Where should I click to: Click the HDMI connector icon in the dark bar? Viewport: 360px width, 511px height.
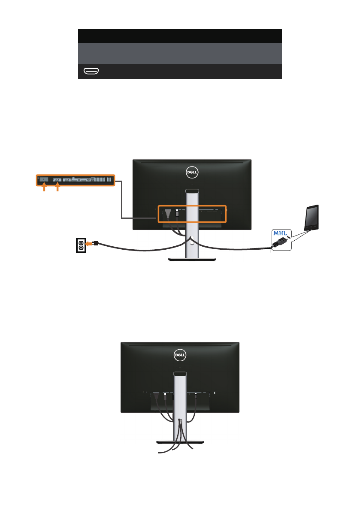[91, 71]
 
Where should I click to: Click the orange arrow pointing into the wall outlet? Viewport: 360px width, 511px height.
[90, 243]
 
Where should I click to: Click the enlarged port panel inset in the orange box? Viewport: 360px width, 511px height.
[75, 181]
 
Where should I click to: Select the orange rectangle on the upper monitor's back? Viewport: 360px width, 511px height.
[192, 213]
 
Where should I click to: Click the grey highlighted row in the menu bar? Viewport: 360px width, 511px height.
[179, 53]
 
